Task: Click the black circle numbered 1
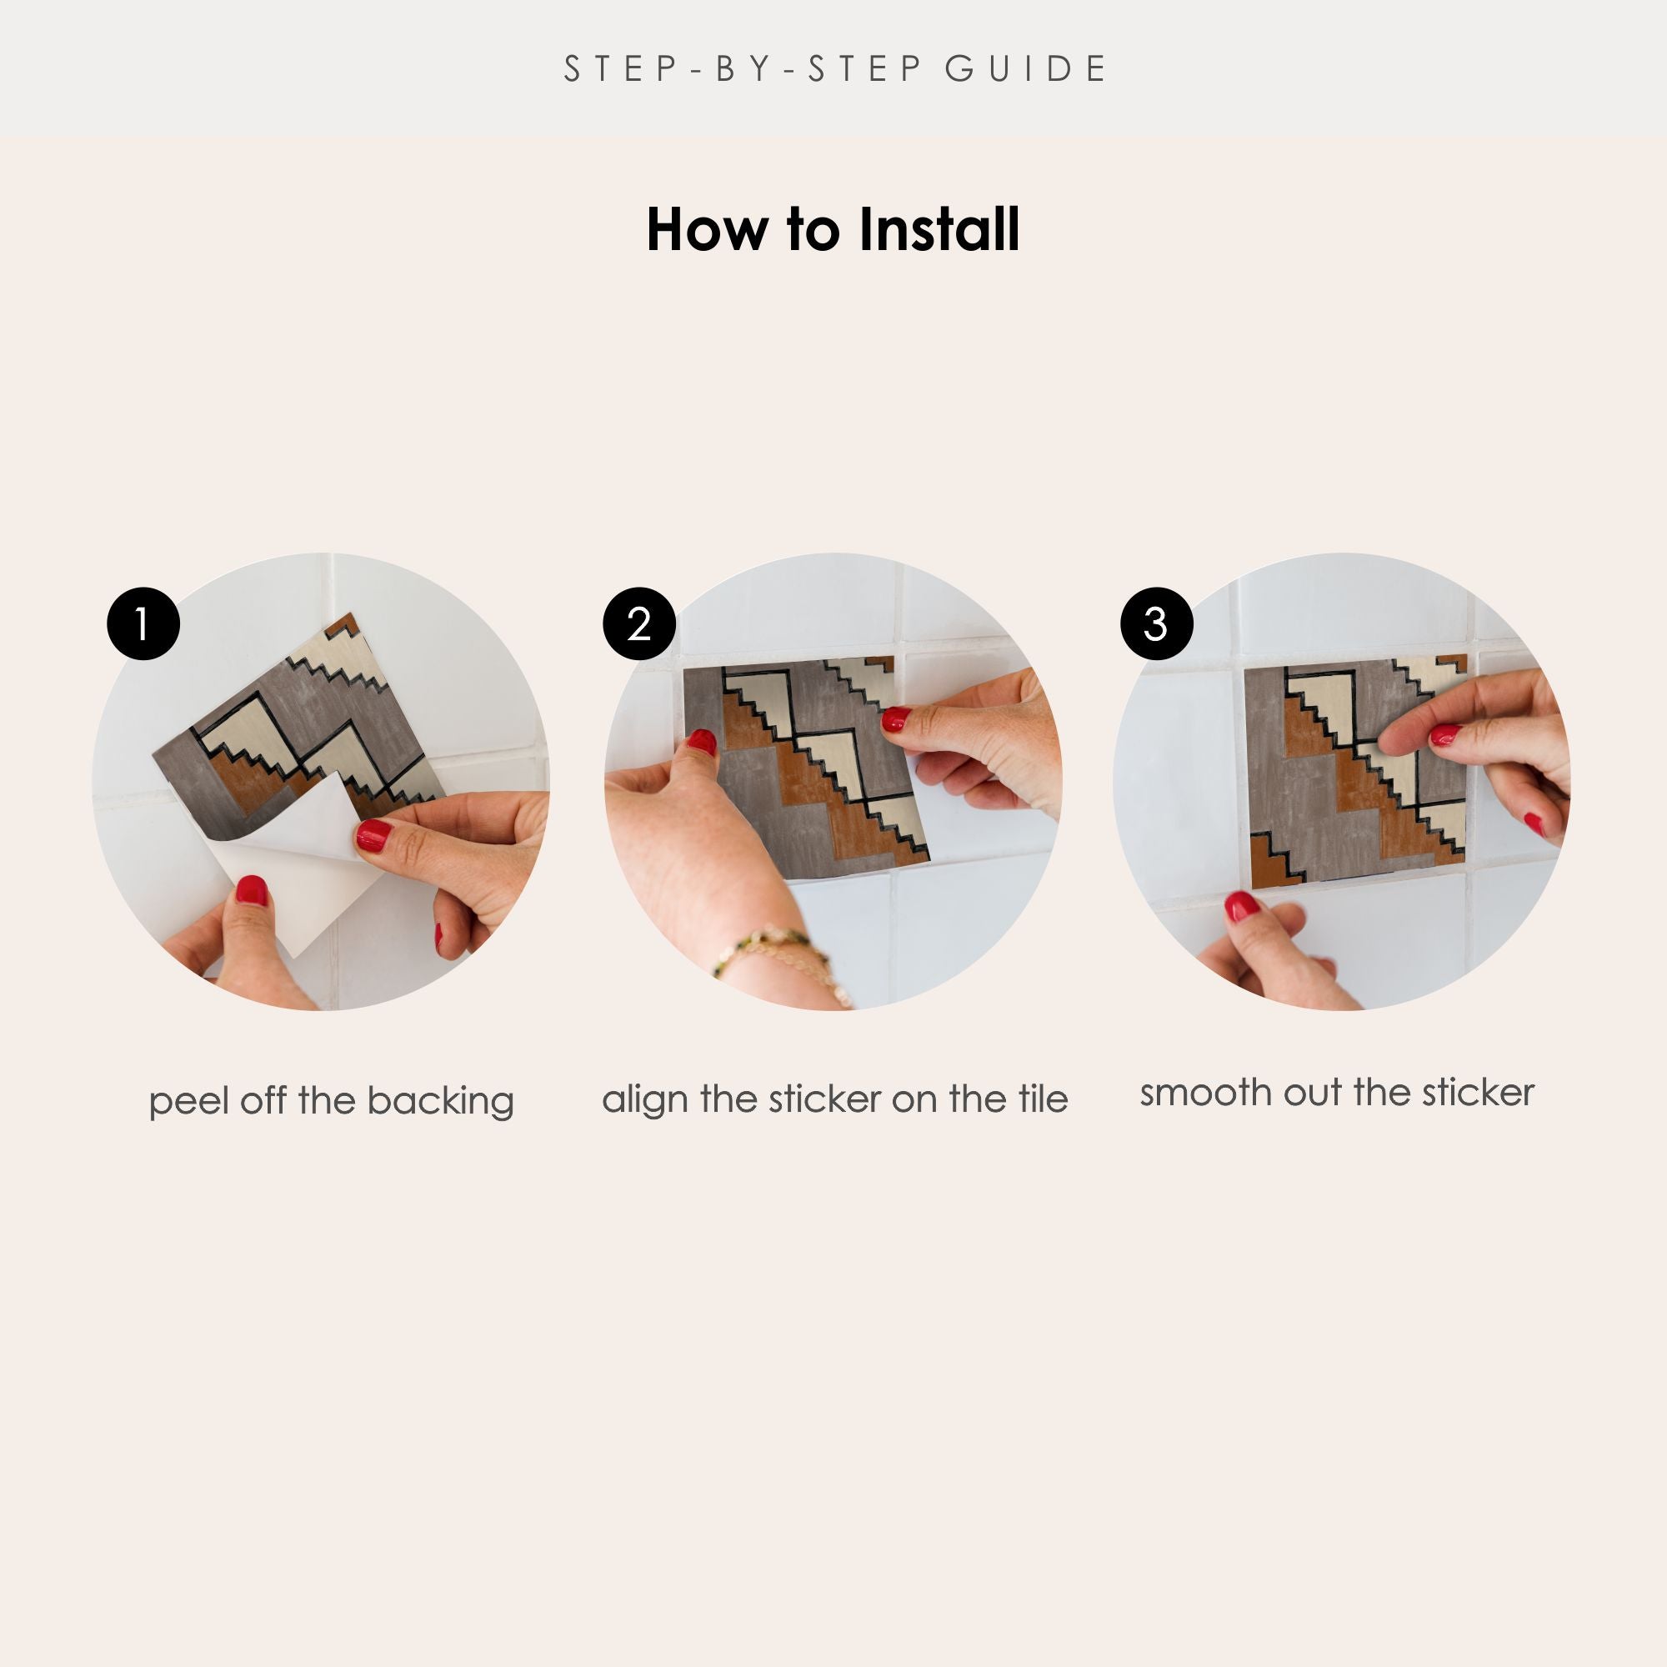click(143, 623)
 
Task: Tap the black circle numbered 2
click(639, 623)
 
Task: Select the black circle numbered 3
click(1156, 623)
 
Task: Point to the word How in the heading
click(707, 230)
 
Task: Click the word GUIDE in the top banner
click(1025, 69)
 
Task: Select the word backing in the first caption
click(440, 1102)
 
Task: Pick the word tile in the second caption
click(1043, 1099)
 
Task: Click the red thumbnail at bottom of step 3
click(1242, 906)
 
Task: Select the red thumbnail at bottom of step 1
click(252, 889)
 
